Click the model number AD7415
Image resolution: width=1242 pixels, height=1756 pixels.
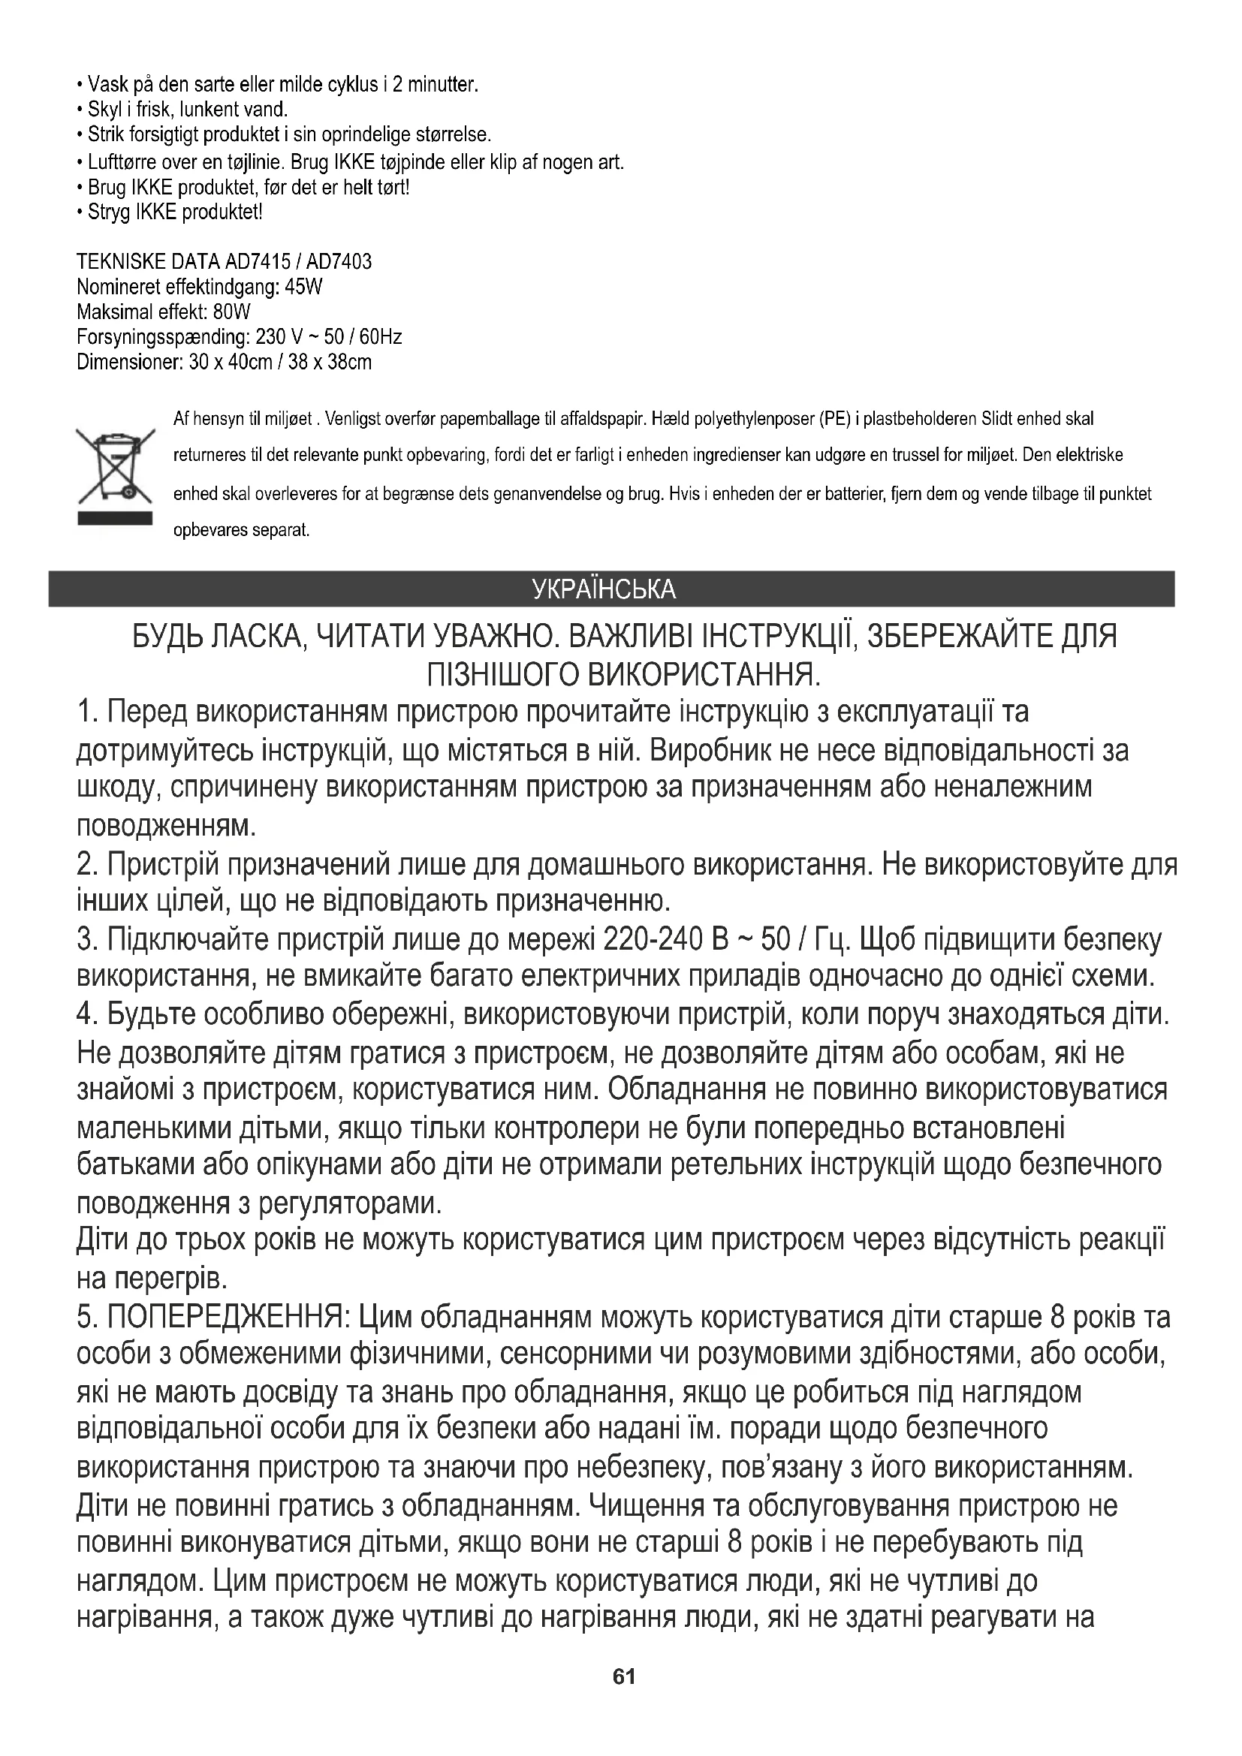(258, 262)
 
